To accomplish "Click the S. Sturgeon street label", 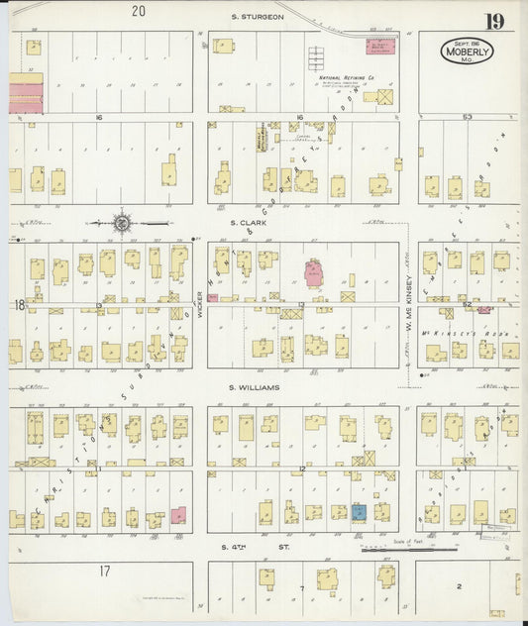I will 258,17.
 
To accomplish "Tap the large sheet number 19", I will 492,20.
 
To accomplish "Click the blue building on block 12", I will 359,512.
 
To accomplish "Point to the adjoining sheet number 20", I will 138,12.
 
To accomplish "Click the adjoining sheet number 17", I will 104,571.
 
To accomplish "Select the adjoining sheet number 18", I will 19,305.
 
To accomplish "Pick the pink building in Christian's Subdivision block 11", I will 178,515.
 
